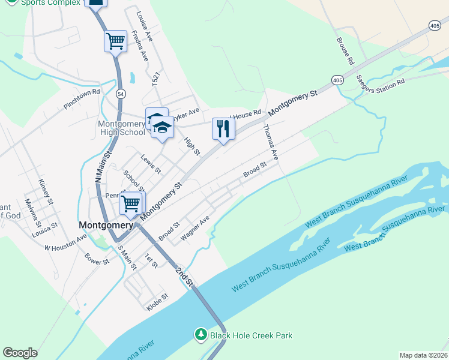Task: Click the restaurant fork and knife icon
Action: pos(223,128)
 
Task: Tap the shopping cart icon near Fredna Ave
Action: pos(115,41)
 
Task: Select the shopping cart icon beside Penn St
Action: pos(131,203)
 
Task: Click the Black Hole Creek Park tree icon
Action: pos(200,335)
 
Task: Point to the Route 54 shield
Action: pos(121,94)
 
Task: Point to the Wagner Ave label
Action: pos(194,227)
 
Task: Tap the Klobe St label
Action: pos(157,302)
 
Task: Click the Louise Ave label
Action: pos(145,27)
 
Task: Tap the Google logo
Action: pos(20,353)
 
